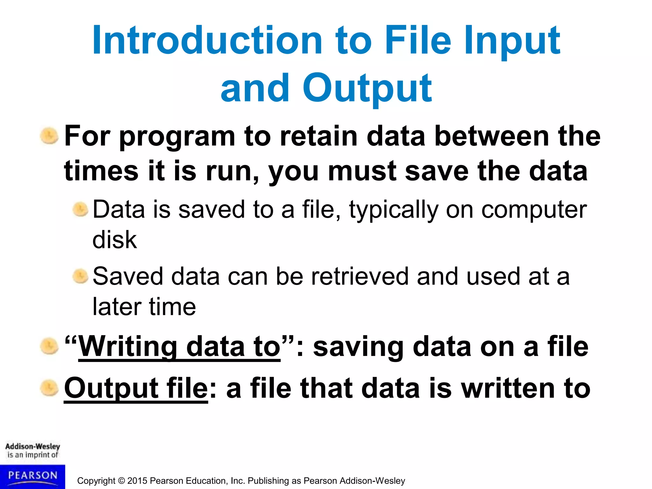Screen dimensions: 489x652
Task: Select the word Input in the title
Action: (512, 41)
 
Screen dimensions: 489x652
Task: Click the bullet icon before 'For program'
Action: (49, 136)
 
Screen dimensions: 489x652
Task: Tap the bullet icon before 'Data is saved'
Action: (80, 209)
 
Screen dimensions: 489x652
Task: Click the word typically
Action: (393, 210)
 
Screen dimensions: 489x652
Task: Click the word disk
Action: (114, 239)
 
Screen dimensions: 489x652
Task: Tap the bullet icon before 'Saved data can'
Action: (80, 276)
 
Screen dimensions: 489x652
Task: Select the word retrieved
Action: (360, 276)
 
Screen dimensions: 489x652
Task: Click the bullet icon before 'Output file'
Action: (49, 388)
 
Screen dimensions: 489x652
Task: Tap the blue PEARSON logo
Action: (32, 476)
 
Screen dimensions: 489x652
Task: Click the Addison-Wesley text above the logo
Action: (32, 446)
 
